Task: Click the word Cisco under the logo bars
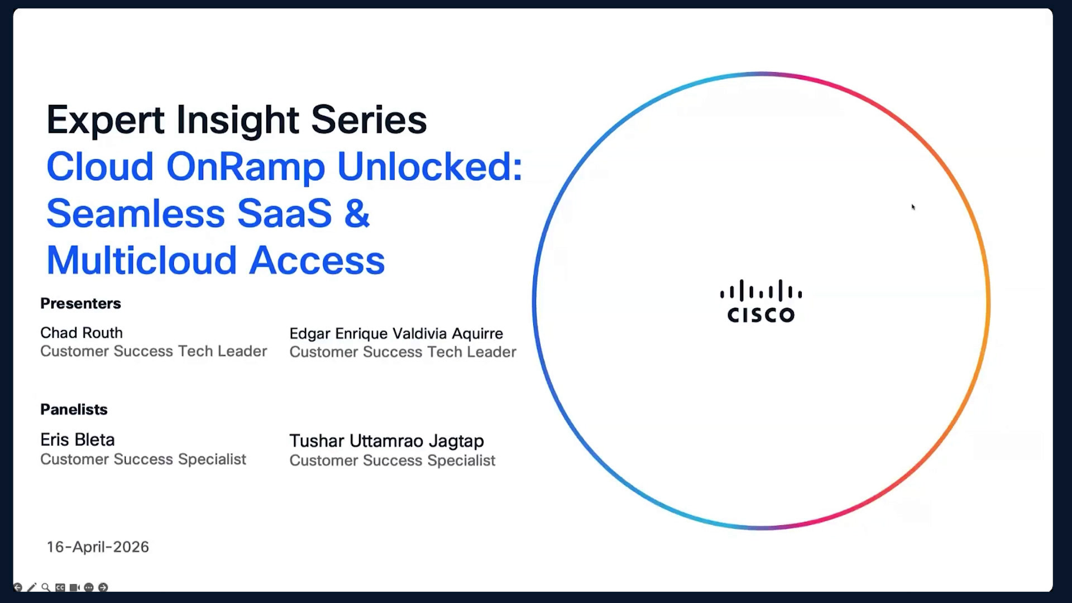[x=760, y=315]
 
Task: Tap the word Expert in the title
[x=106, y=120]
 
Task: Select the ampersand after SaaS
[x=357, y=213]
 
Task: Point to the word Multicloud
[x=142, y=260]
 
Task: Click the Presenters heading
[x=80, y=303]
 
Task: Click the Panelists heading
[x=74, y=409]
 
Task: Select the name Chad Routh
[x=82, y=333]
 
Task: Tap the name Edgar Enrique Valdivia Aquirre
[x=396, y=334]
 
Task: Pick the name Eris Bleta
[x=78, y=440]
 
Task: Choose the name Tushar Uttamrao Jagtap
[x=386, y=441]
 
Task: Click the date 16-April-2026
[x=98, y=547]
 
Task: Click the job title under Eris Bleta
[x=143, y=459]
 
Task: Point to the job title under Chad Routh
[x=154, y=351]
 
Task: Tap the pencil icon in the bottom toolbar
[x=31, y=587]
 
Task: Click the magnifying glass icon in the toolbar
[x=46, y=587]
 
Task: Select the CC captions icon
[x=60, y=587]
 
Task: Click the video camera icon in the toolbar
[x=74, y=587]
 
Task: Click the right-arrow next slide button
[x=103, y=587]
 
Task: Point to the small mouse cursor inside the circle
[x=913, y=207]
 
